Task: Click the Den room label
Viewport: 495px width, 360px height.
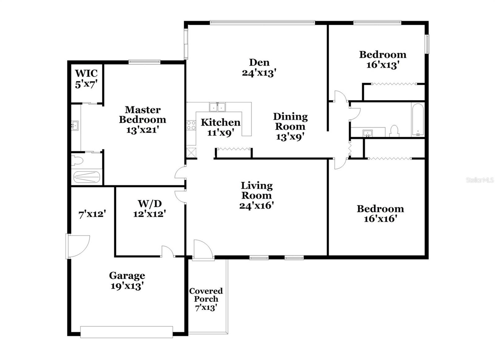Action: tap(259, 63)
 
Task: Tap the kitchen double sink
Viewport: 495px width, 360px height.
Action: tap(217, 107)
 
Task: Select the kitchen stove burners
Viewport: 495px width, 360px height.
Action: tap(191, 125)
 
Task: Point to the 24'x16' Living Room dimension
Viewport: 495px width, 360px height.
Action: tap(256, 205)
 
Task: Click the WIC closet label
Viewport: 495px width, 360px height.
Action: tap(86, 74)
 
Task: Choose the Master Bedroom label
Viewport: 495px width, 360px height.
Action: tap(143, 115)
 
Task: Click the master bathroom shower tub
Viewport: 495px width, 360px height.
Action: tap(87, 177)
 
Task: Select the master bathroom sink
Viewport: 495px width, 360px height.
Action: tap(75, 125)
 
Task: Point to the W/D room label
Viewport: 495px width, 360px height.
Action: tap(150, 204)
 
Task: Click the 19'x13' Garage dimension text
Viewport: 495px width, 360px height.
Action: tap(127, 286)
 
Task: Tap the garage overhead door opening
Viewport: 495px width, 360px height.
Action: tap(127, 332)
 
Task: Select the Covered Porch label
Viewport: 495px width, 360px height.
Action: tap(206, 295)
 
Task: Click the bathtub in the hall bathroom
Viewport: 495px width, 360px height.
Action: tap(418, 120)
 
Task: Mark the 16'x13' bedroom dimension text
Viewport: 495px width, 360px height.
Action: tap(382, 65)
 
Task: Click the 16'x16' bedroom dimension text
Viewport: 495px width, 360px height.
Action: tap(380, 219)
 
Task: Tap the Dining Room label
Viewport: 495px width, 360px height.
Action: tap(290, 121)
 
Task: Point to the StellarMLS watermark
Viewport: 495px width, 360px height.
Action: tap(480, 180)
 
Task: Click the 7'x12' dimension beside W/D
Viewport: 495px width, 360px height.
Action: tap(93, 214)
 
